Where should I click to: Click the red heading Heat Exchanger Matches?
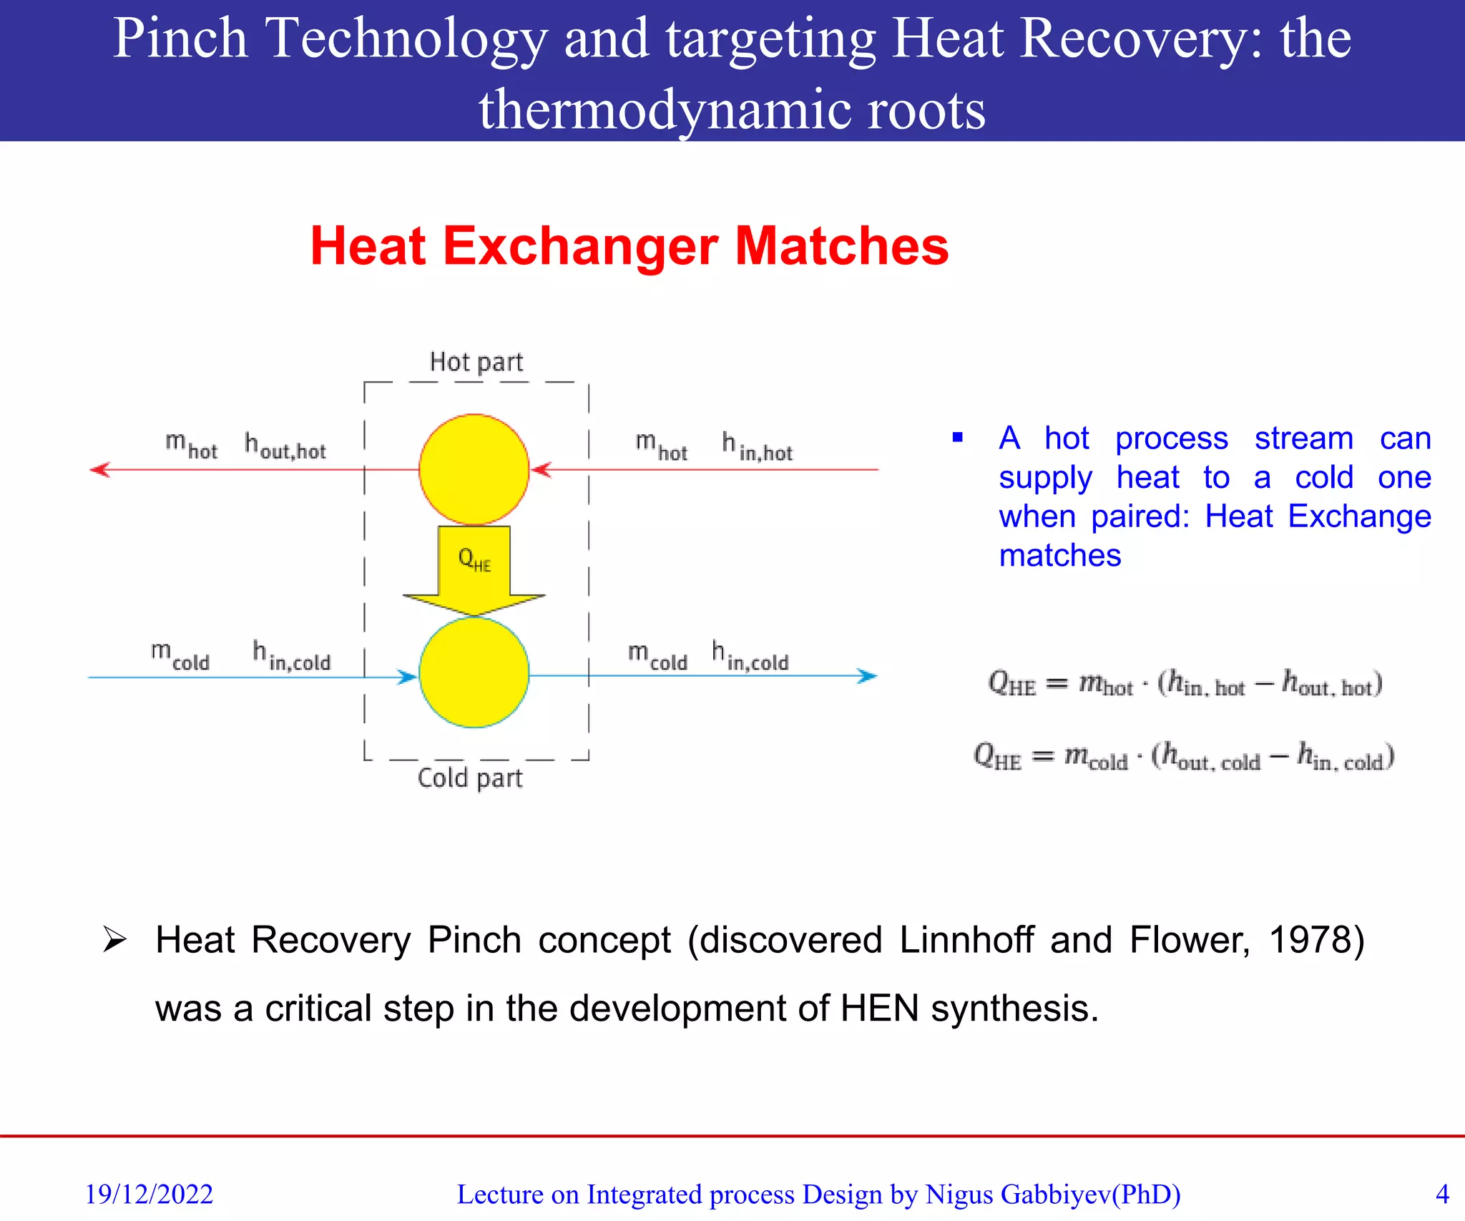[629, 246]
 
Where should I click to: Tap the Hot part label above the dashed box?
[476, 363]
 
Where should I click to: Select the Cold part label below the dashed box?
[470, 778]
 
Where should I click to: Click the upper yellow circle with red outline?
[474, 469]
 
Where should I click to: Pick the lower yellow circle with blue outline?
[474, 672]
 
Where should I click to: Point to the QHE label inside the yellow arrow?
[474, 559]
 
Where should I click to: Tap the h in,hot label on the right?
[757, 447]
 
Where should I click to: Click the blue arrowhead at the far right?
[867, 676]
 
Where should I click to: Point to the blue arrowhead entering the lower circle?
[408, 677]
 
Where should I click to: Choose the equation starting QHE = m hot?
[1185, 683]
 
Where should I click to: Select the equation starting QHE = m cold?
[1184, 757]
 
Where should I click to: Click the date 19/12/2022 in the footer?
[149, 1194]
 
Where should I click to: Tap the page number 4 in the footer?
[1442, 1194]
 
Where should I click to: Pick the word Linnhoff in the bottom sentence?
[966, 940]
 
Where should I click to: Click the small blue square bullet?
[958, 437]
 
